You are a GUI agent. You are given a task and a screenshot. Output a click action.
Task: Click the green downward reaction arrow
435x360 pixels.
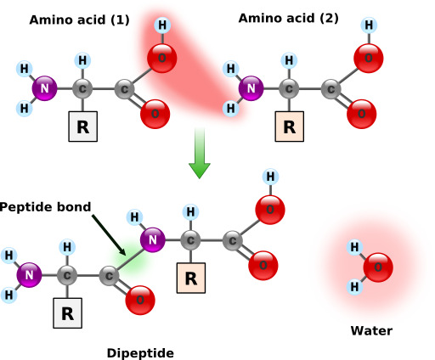[200, 153]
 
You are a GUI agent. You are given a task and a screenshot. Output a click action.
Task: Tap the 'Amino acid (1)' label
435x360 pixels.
[80, 20]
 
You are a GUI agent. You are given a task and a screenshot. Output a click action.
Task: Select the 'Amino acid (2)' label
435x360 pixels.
[289, 19]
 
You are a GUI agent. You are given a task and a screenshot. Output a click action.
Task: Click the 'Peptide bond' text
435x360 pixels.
[45, 207]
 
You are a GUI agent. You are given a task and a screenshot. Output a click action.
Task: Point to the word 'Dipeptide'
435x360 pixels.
[140, 353]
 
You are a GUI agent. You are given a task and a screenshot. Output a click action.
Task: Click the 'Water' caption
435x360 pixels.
[371, 331]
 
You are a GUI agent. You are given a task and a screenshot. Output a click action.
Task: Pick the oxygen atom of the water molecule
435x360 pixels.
[378, 267]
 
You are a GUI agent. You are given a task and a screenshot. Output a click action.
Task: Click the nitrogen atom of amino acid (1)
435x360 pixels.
[44, 88]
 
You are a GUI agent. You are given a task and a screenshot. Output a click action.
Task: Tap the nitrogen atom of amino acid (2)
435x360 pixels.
[251, 88]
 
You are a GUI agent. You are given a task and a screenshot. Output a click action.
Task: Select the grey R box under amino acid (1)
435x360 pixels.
[83, 127]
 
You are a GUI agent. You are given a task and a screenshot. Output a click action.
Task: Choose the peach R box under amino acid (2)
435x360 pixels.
[290, 127]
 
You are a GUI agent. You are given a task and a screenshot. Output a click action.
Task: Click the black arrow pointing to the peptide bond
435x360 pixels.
[109, 235]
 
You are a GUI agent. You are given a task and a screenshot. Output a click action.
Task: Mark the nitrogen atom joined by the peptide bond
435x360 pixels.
[153, 239]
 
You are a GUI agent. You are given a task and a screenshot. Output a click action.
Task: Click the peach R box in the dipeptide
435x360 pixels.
[191, 278]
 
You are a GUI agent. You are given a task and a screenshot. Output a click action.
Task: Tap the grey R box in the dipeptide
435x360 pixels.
[68, 313]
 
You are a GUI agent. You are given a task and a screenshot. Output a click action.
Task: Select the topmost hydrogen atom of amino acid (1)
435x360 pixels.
[162, 25]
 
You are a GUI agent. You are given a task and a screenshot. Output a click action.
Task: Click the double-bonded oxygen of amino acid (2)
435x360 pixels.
[362, 114]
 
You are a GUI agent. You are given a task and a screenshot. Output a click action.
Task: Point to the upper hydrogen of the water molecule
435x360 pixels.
[355, 247]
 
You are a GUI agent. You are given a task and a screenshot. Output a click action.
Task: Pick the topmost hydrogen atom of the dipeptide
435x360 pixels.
[270, 177]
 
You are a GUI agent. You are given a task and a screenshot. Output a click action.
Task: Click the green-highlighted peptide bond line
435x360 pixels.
[131, 260]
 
